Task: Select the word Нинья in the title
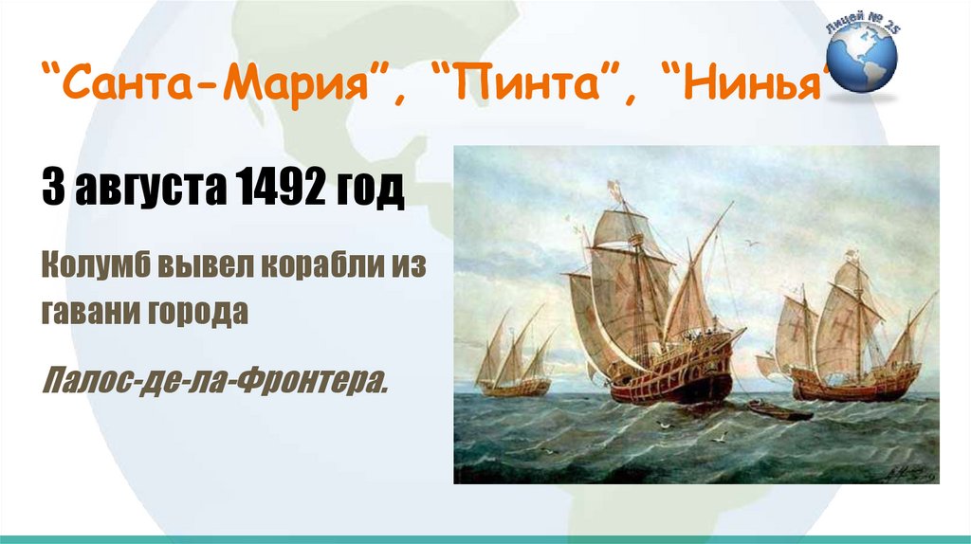pos(751,82)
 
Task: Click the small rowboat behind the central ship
pos(779,411)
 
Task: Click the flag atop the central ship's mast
pos(614,189)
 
